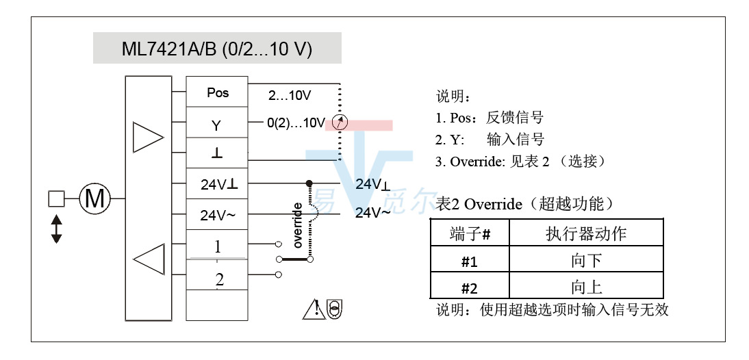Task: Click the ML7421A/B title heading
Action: [x=217, y=50]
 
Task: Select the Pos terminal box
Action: [x=218, y=92]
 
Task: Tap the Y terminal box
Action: [x=217, y=126]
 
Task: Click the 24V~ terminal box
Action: [x=217, y=216]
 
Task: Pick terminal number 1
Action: [x=217, y=246]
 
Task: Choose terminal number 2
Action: [x=218, y=279]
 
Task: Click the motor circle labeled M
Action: [x=94, y=199]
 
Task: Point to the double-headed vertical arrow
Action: [x=56, y=229]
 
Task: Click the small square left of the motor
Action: [x=56, y=199]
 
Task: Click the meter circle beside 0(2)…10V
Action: [x=339, y=123]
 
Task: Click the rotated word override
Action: [x=298, y=225]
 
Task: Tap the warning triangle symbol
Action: [x=313, y=309]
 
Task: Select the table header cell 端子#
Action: [x=470, y=234]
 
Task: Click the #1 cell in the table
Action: [x=470, y=261]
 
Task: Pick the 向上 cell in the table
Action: [x=586, y=287]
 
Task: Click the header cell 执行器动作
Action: [x=586, y=234]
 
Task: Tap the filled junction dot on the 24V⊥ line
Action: [x=309, y=183]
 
